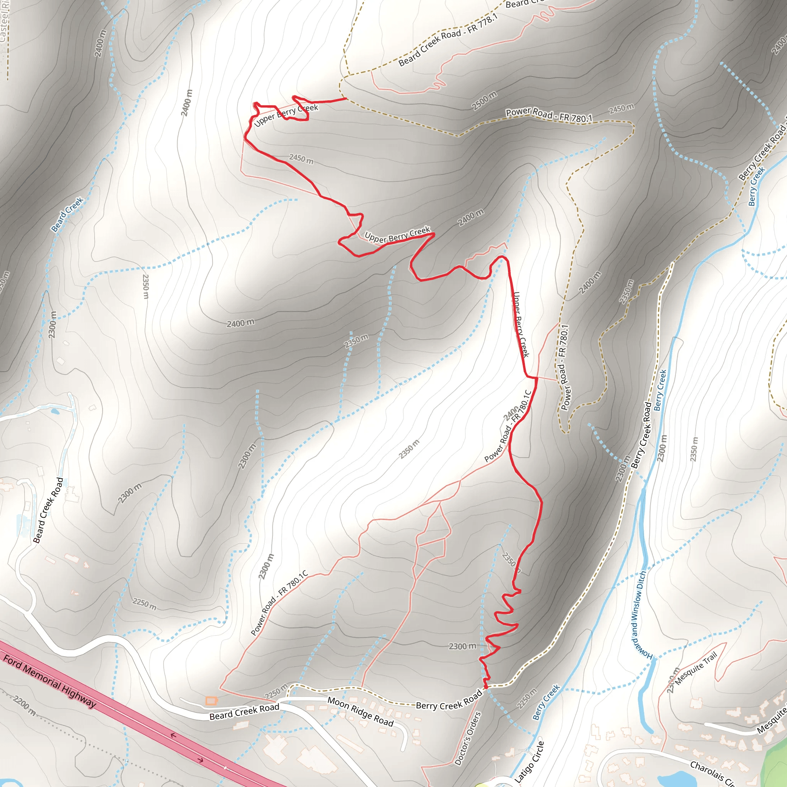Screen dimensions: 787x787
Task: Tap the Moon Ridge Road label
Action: (360, 712)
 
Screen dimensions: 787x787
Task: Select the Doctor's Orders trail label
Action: (468, 738)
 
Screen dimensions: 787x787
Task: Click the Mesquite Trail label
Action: (696, 669)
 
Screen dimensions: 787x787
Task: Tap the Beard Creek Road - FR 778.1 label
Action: (448, 40)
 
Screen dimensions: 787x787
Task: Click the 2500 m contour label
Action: (484, 101)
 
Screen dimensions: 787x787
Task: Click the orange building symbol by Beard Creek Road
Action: (211, 701)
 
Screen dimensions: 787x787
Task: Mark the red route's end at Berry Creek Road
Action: (486, 687)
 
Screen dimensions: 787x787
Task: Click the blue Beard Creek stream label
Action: (67, 214)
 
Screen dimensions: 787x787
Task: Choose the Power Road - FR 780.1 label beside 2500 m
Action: (549, 115)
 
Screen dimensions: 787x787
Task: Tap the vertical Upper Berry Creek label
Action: (521, 325)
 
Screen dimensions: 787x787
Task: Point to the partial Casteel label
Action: (4, 20)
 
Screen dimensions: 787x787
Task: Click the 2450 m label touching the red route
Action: (301, 158)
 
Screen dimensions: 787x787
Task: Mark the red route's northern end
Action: (346, 98)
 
